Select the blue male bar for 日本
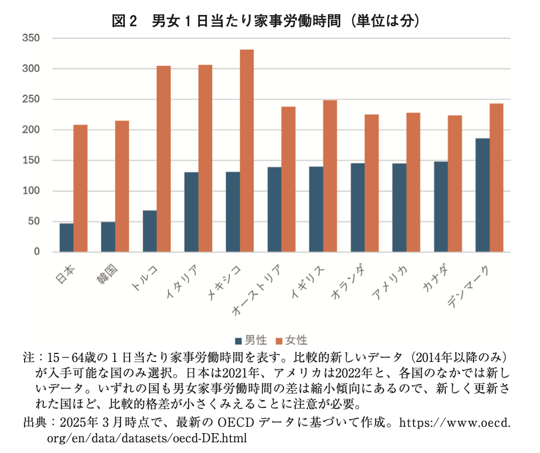pos(66,237)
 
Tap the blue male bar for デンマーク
pos(482,195)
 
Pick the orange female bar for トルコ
pos(163,158)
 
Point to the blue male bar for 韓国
pos(108,237)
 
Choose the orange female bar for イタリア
pos(205,158)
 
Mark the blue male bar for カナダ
pos(441,206)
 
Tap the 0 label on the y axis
pos(38,252)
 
